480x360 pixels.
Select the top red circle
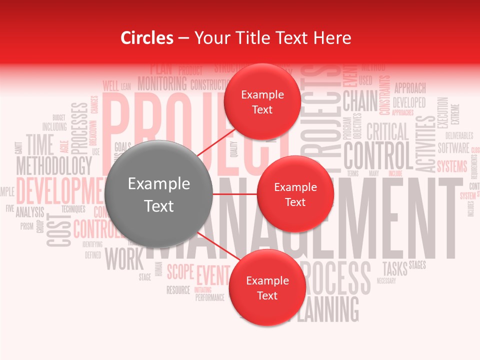pos(262,102)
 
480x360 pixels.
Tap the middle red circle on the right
pos(295,194)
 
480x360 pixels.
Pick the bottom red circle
pos(267,288)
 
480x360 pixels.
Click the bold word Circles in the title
pos(147,38)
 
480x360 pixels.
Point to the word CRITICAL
pos(387,132)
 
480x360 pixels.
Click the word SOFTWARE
pos(453,148)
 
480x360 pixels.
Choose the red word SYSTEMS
pos(452,166)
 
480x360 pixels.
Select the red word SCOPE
pos(180,272)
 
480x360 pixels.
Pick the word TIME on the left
pos(40,144)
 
